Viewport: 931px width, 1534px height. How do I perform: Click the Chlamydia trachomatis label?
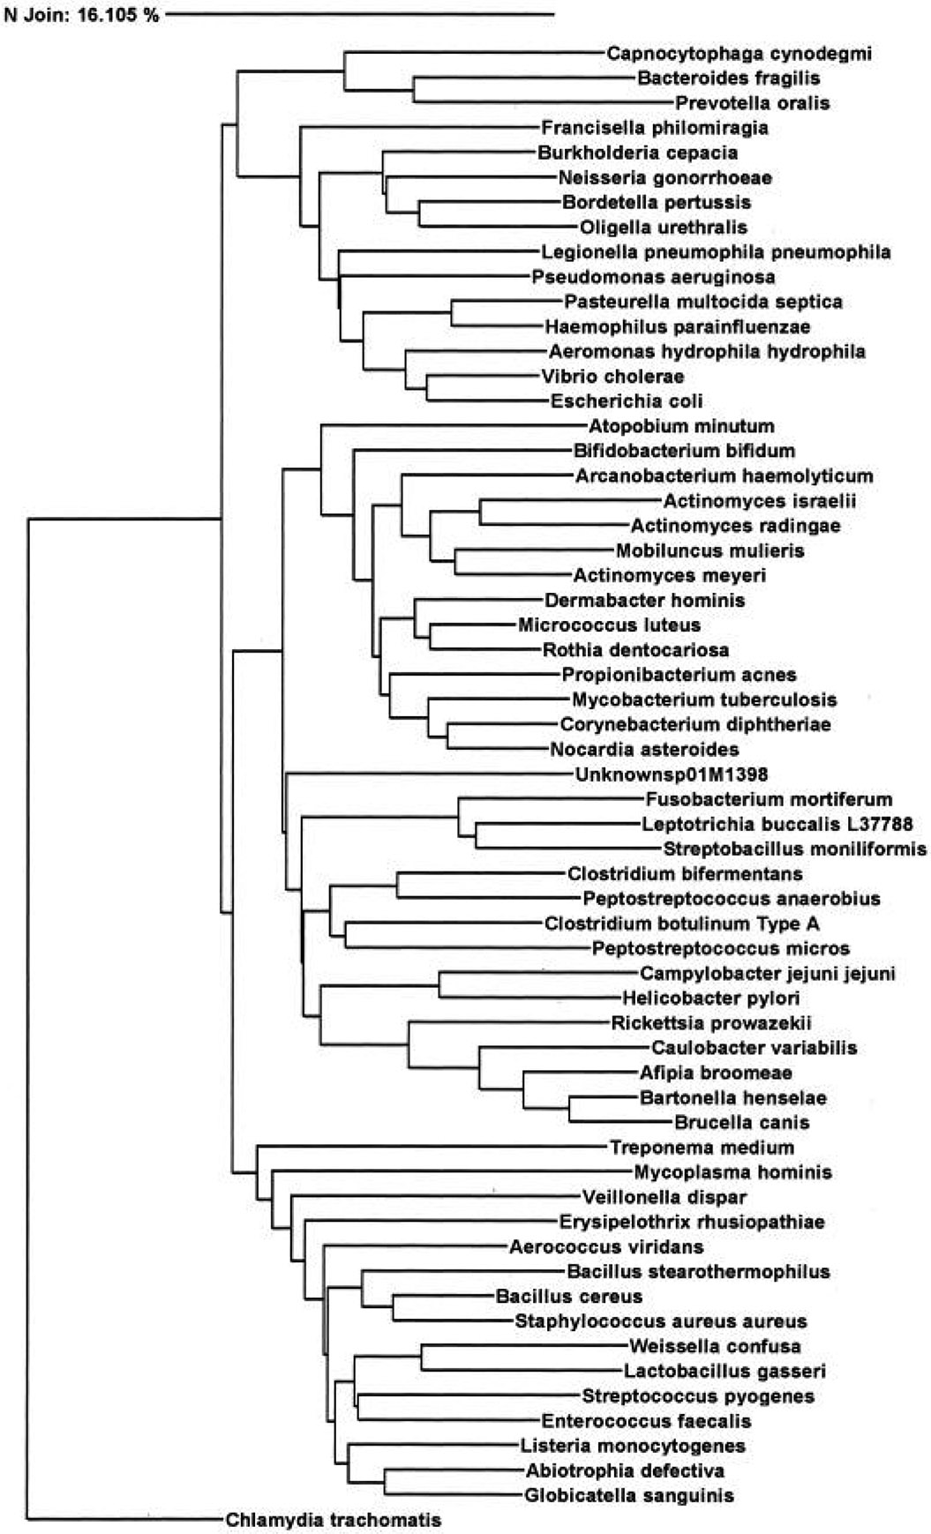tap(333, 1520)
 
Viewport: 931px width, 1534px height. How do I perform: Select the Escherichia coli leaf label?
tap(627, 401)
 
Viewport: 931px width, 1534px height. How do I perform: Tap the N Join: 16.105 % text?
tap(81, 15)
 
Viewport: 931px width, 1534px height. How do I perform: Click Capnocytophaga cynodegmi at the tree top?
tap(739, 54)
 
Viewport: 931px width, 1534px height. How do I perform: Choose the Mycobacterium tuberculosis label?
tap(704, 700)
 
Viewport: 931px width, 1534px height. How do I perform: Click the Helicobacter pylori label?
tap(710, 999)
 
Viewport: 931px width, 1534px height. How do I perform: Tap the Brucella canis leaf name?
tap(741, 1123)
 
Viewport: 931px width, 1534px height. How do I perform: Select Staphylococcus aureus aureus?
tap(660, 1321)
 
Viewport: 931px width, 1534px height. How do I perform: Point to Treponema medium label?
tap(702, 1148)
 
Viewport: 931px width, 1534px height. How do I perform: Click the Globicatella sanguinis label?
tap(628, 1495)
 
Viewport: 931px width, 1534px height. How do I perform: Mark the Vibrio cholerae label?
tap(612, 377)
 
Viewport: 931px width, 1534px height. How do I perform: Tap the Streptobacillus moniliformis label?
tap(794, 849)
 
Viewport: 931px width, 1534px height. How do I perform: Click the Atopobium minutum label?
tap(681, 426)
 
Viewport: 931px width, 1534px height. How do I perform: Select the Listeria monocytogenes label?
tap(633, 1446)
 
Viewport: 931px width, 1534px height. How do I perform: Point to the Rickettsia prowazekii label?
tap(710, 1023)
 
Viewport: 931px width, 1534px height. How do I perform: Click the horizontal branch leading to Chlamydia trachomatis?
tap(124, 1519)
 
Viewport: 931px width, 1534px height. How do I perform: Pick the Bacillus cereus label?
tap(568, 1297)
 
